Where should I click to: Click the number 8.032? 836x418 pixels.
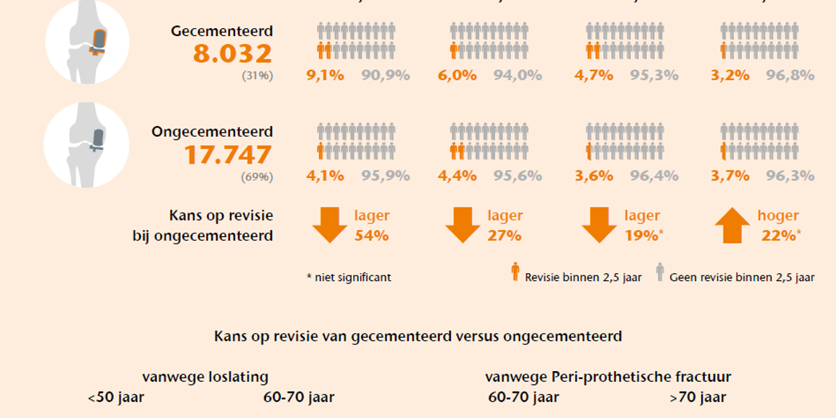coord(232,54)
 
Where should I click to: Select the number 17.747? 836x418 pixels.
coord(228,155)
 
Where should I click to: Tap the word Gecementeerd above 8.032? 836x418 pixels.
coord(222,32)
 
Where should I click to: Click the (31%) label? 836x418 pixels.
coord(257,75)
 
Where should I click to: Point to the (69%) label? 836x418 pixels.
coord(257,177)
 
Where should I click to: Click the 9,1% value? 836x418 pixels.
coord(325,75)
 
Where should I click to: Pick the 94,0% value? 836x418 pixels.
coord(517,75)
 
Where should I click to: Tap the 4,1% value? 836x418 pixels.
coord(325,176)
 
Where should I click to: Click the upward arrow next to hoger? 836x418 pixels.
coord(732,226)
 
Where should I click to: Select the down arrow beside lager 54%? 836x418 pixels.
coord(329,226)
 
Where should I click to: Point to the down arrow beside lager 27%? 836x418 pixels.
coord(463,226)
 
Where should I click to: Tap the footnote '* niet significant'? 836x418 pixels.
coord(349,277)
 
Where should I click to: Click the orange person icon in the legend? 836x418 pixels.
coord(515,272)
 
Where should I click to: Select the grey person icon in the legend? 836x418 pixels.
coord(659,272)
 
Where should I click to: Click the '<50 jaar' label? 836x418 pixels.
coord(115,397)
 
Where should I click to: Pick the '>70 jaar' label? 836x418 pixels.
coord(698,397)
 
